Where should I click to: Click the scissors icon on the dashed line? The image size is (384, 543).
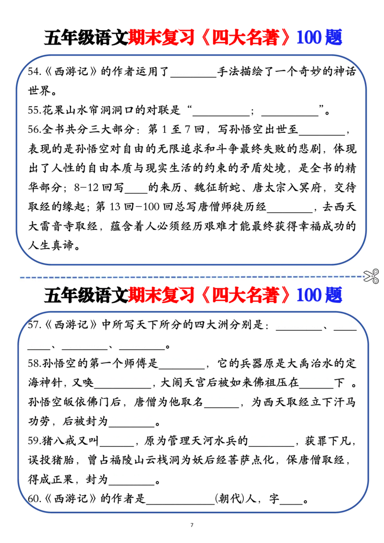tap(371, 276)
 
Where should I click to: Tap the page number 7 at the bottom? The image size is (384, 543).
tap(192, 525)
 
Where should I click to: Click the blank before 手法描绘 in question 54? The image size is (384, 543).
tap(193, 77)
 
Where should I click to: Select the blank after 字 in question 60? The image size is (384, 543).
tap(291, 504)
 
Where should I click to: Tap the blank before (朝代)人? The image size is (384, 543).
tap(180, 504)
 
